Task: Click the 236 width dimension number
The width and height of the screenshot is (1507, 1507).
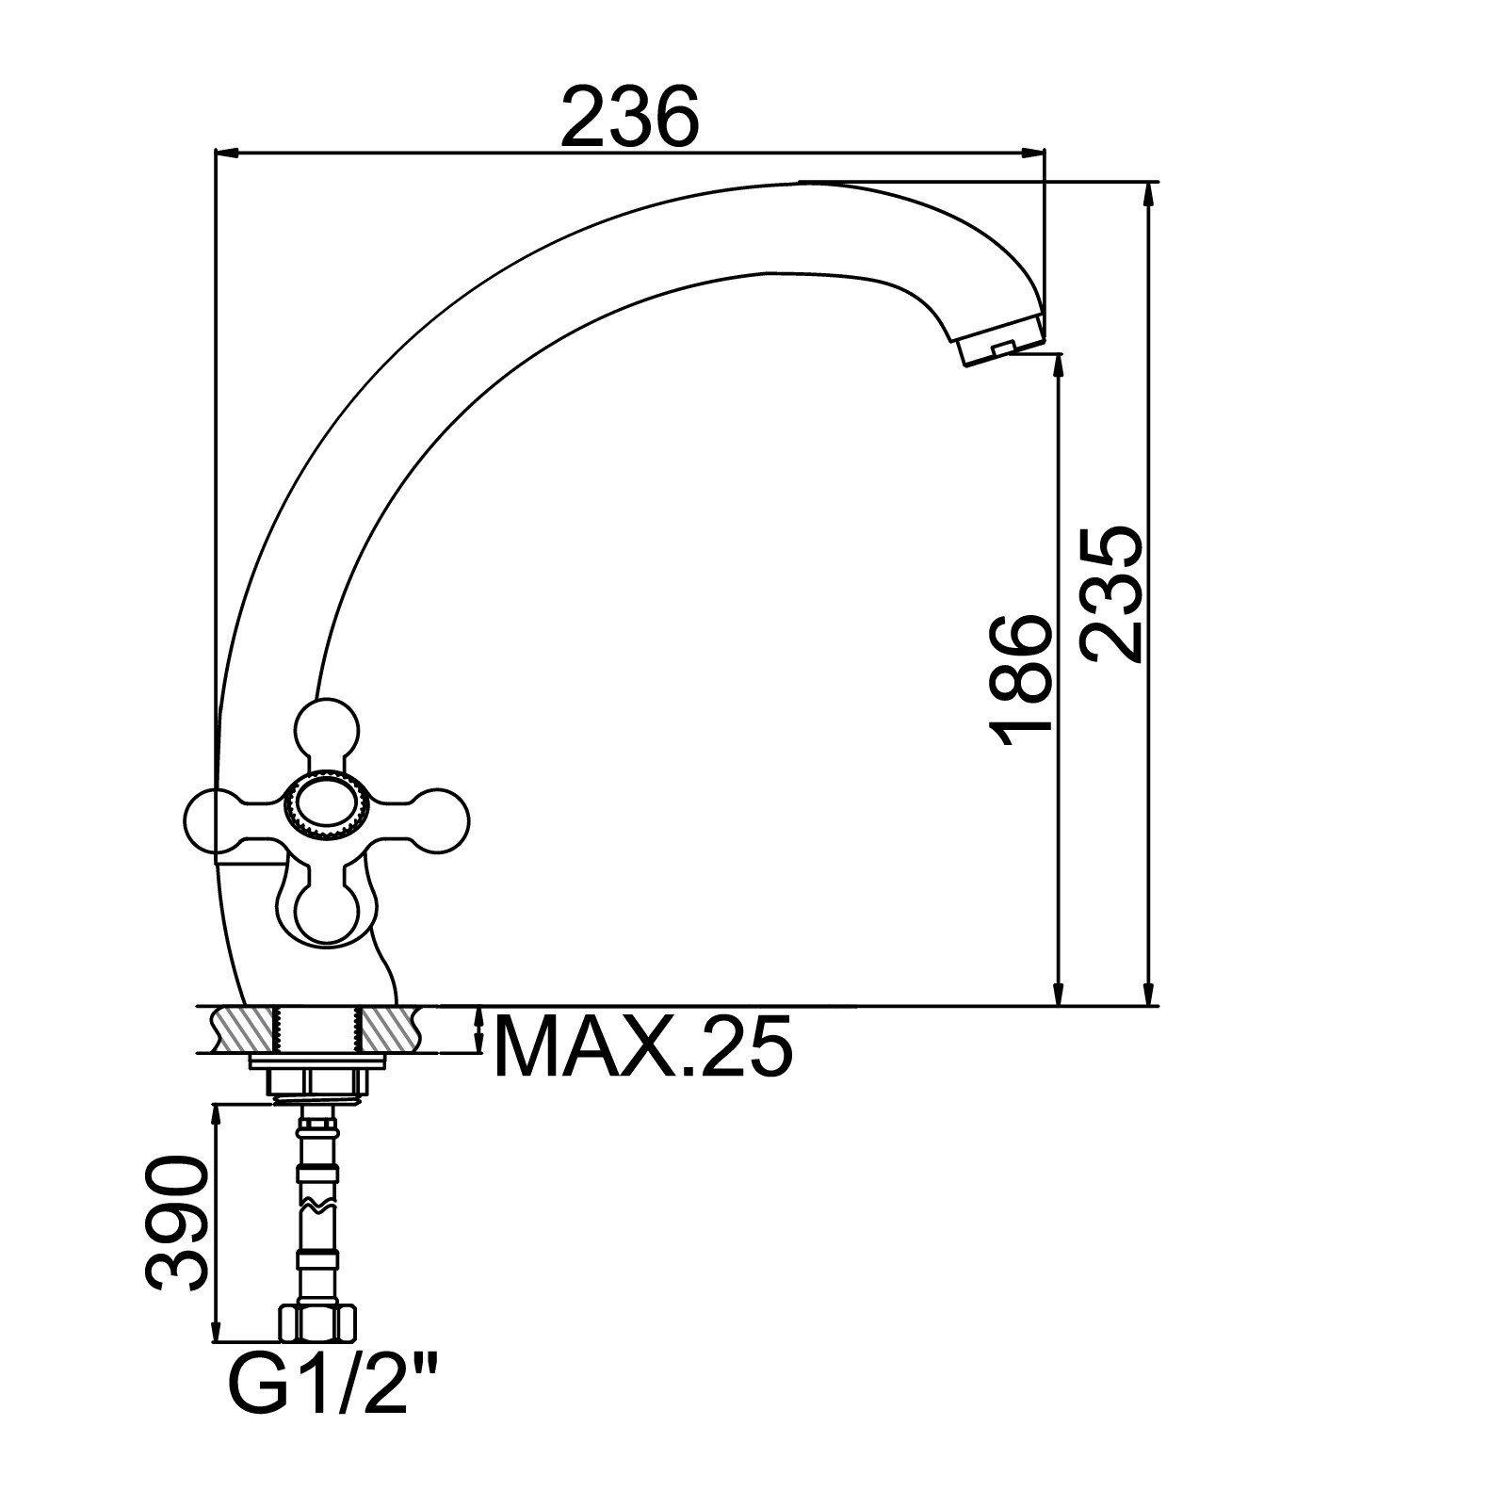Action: pos(630,116)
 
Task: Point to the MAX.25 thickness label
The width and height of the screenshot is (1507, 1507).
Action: pos(643,1045)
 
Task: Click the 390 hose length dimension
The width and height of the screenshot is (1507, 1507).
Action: pos(176,1223)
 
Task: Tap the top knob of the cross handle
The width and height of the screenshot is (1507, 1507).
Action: pos(327,730)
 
